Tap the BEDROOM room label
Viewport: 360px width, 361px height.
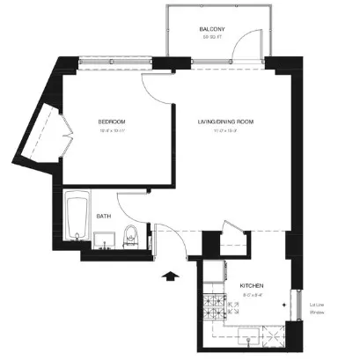click(112, 121)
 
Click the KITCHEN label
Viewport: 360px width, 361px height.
click(253, 285)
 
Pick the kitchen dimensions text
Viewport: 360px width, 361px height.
click(253, 295)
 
